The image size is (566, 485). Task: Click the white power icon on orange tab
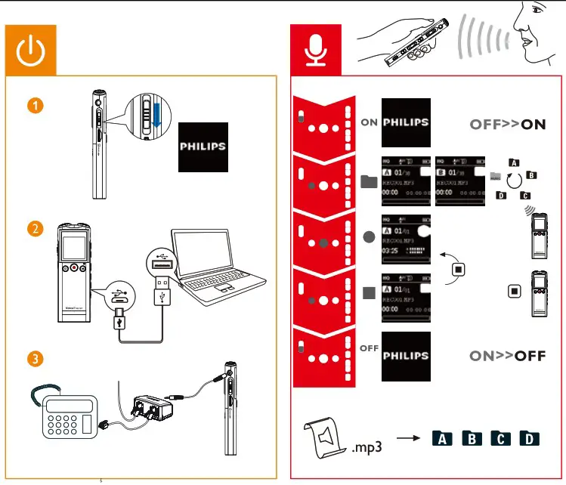point(31,49)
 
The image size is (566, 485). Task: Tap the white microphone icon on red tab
point(315,49)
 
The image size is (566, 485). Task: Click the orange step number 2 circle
point(35,229)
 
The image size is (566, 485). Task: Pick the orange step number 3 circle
point(35,360)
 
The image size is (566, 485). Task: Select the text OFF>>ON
point(507,125)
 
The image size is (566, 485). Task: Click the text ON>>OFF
point(507,356)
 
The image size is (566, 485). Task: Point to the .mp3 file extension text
point(367,446)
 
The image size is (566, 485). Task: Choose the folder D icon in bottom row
point(530,439)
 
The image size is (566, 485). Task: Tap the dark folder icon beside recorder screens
point(368,181)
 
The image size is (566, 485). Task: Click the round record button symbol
point(368,236)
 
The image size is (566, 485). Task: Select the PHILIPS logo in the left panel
point(202,146)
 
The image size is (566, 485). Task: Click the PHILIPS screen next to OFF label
point(406,355)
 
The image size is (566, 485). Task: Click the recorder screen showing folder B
point(460,180)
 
